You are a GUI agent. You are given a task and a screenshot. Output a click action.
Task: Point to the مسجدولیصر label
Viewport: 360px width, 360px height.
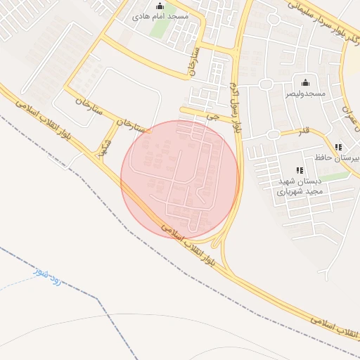(305, 93)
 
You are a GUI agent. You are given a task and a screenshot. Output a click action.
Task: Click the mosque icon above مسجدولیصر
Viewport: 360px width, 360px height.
(305, 83)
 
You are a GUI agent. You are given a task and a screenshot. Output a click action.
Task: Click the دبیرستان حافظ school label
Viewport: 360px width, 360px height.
(345, 158)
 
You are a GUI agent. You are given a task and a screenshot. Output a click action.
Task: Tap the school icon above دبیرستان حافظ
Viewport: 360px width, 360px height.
(338, 148)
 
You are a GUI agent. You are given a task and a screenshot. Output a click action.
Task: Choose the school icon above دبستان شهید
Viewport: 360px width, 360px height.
(300, 170)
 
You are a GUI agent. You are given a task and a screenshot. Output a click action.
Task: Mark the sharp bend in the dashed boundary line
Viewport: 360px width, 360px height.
(99, 299)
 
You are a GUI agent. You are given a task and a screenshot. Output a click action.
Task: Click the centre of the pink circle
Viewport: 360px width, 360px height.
(180, 179)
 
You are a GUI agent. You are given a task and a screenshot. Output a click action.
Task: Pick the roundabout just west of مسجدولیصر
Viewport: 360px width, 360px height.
(266, 85)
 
